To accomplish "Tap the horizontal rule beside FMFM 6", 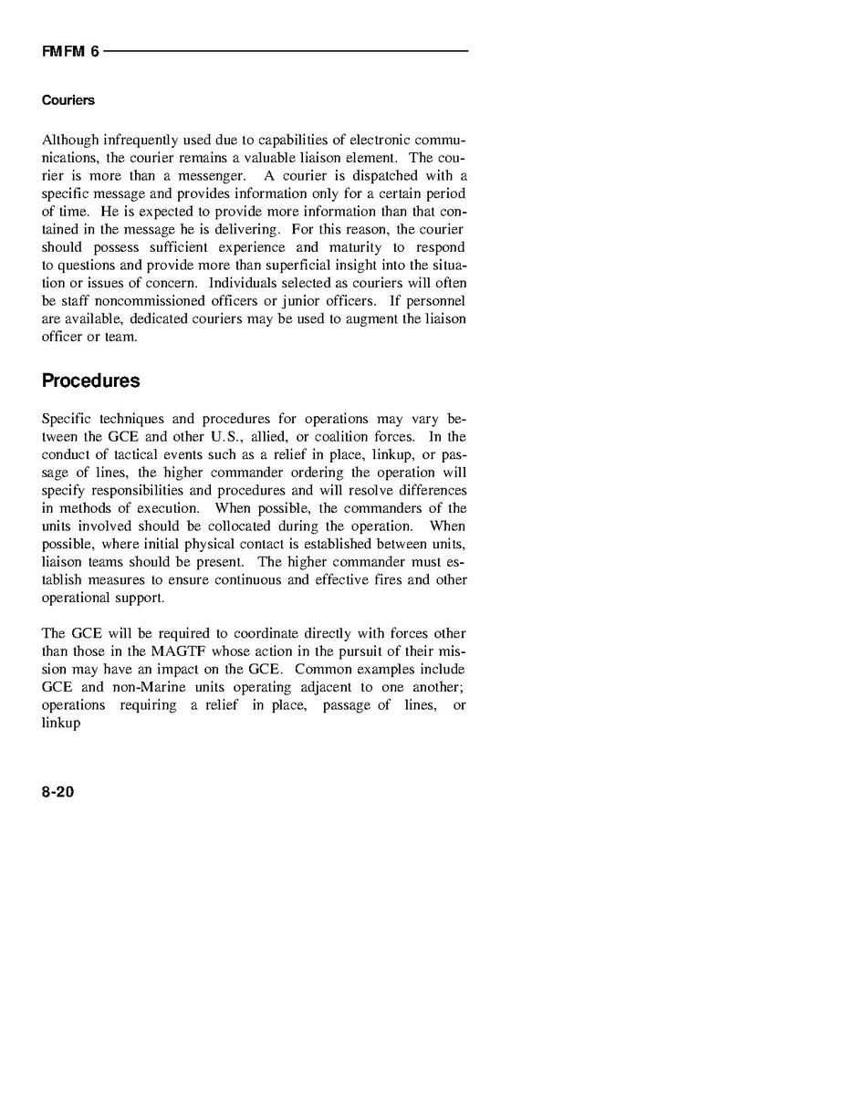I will (286, 51).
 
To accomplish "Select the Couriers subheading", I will (68, 100).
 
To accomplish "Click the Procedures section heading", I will (90, 380).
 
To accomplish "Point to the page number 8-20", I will (57, 792).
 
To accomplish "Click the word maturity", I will (349, 247).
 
